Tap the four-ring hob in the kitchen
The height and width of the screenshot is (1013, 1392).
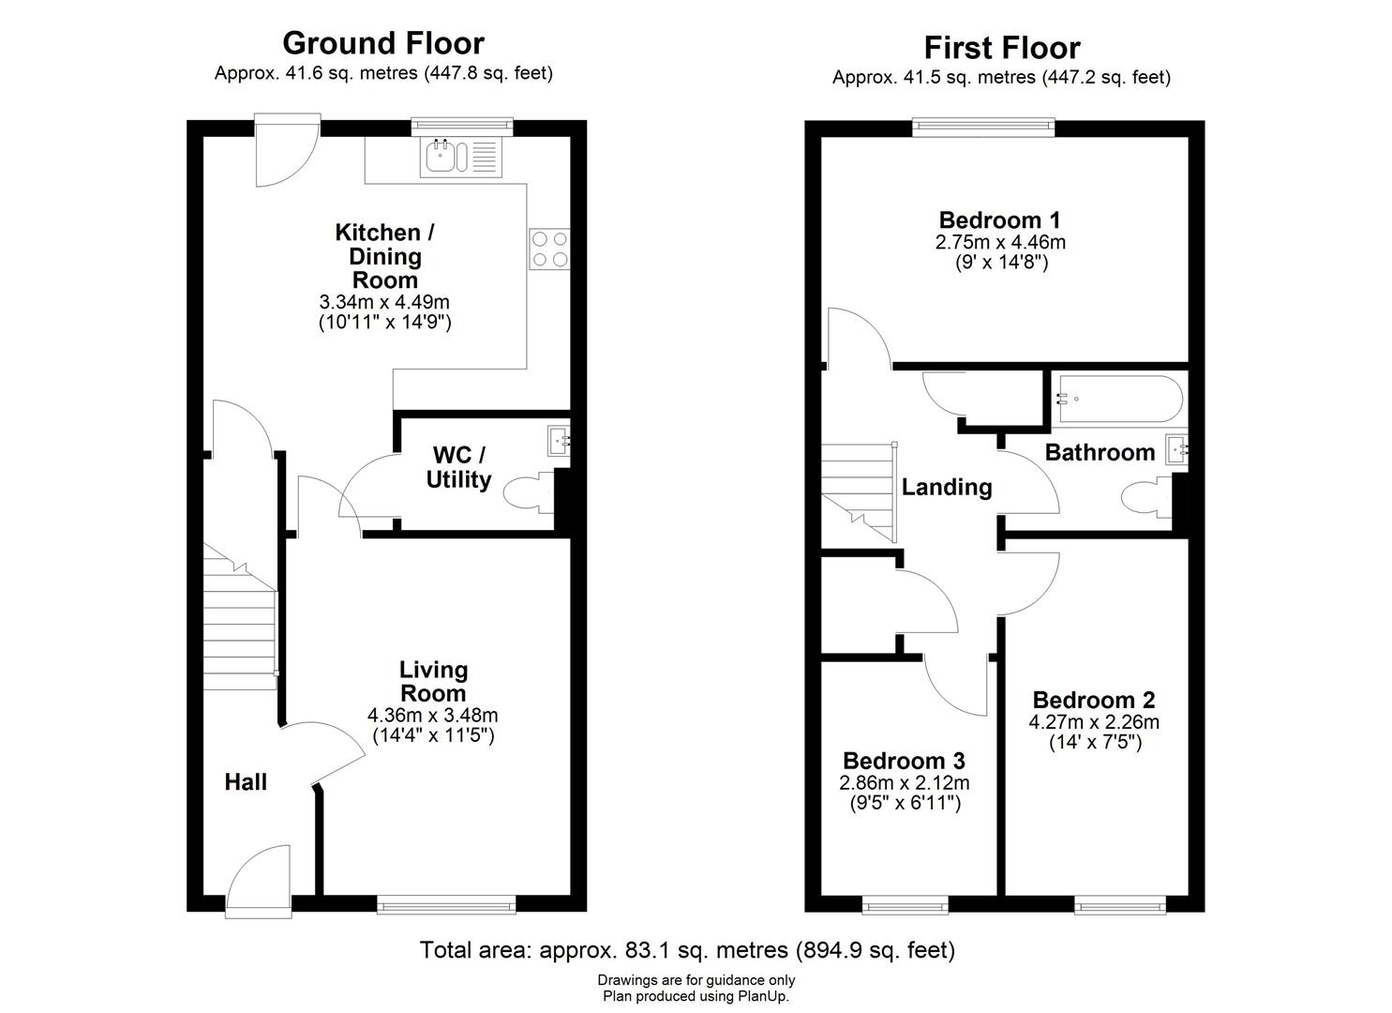coord(548,249)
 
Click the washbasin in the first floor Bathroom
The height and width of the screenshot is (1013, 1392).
coord(1176,450)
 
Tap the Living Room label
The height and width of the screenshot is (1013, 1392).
coord(433,681)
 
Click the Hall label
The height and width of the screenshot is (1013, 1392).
coord(246,782)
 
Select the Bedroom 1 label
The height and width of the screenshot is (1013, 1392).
coord(999,220)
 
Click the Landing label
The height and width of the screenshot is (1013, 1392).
coord(947,487)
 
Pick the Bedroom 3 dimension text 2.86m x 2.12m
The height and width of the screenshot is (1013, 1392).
coord(904,782)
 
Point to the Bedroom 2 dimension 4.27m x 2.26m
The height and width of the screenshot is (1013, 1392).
coord(1094,722)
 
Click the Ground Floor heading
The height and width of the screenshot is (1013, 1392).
coord(382,43)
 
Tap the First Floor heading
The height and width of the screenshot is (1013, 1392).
coord(1001,47)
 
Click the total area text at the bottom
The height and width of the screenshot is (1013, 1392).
coord(687,950)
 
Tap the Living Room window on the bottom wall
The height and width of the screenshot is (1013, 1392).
coord(446,904)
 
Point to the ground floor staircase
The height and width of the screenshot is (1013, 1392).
coord(240,624)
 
